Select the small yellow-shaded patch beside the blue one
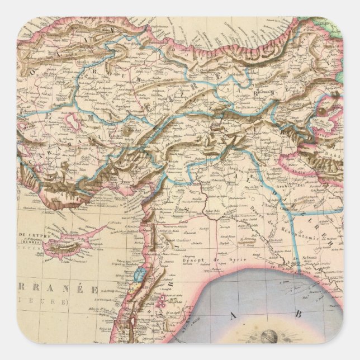pyautogui.click(x=134, y=291)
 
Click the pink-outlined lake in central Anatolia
pyautogui.click(x=73, y=120)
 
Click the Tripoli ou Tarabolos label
pyautogui.click(x=123, y=264)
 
